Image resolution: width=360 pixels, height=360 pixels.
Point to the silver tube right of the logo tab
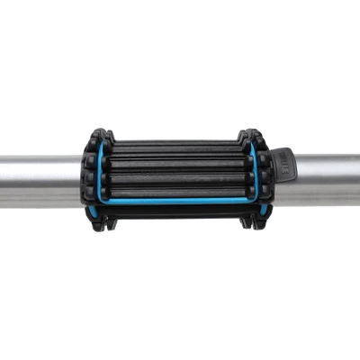pyautogui.click(x=324, y=177)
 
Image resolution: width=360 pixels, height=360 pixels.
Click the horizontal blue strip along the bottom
pyautogui.click(x=175, y=201)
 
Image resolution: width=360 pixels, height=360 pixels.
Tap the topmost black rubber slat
pyautogui.click(x=175, y=145)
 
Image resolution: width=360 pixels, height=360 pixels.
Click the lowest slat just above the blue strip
pyautogui.click(x=175, y=190)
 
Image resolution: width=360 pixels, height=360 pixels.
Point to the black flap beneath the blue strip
pyautogui.click(x=175, y=216)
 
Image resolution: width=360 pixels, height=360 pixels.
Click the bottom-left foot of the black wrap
pyautogui.click(x=96, y=225)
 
